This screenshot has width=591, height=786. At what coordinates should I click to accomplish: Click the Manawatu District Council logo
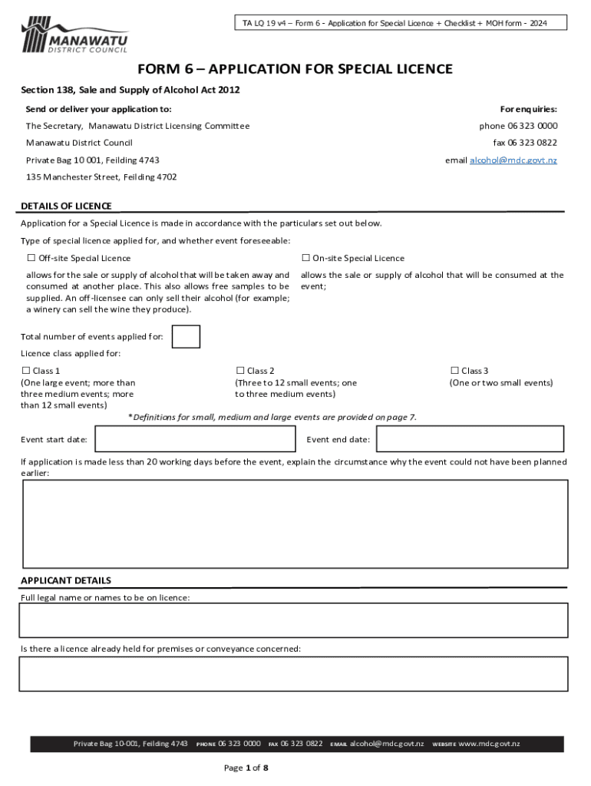[x=74, y=35]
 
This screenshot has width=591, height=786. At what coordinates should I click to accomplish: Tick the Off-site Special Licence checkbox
[x=31, y=258]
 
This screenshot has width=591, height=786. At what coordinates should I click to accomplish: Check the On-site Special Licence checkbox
[x=305, y=258]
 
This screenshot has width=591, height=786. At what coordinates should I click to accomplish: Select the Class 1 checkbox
[x=25, y=371]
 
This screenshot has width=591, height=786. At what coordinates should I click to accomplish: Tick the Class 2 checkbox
[x=240, y=371]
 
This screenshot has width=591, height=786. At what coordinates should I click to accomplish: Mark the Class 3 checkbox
[x=454, y=371]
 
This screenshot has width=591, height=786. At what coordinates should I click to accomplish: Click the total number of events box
[x=187, y=337]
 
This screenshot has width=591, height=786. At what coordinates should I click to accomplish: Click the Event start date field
[x=194, y=439]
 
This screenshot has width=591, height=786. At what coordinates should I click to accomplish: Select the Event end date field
[x=472, y=439]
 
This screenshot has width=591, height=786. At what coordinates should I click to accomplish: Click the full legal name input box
[x=294, y=620]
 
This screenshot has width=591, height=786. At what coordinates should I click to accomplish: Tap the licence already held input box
[x=294, y=673]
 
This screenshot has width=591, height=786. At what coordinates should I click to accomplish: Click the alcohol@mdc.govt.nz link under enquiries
[x=513, y=160]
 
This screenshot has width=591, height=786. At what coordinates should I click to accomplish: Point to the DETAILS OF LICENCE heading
[x=66, y=206]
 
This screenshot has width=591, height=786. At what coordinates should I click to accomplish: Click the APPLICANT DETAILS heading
[x=66, y=580]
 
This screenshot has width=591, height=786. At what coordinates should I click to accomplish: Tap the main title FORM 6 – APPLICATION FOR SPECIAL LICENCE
[x=295, y=70]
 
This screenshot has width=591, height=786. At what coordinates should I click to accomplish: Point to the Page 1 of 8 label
[x=246, y=768]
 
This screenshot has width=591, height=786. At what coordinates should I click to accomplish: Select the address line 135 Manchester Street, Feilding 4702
[x=101, y=177]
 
